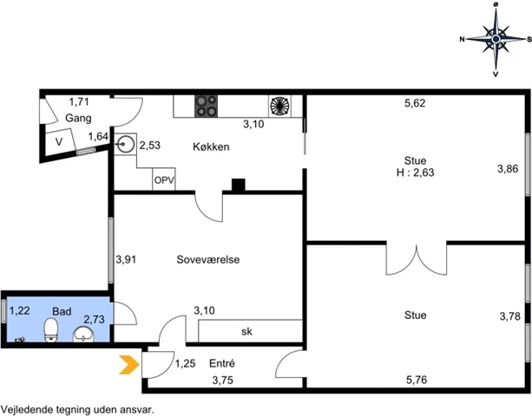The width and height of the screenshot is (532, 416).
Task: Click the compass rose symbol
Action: tap(496, 40)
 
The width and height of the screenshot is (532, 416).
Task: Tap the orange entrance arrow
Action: tap(129, 365)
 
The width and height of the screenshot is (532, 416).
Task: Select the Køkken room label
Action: tap(211, 146)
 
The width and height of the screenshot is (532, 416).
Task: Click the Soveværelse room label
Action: tap(208, 259)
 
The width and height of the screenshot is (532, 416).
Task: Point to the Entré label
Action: tap(222, 363)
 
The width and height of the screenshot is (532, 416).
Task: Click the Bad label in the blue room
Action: tap(62, 311)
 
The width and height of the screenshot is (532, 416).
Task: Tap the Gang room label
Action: tap(78, 118)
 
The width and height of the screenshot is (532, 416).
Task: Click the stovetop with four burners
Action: tap(206, 107)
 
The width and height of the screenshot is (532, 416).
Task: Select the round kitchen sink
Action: tap(123, 145)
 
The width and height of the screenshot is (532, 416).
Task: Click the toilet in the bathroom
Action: tap(51, 329)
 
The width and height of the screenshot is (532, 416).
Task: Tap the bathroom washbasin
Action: tap(83, 335)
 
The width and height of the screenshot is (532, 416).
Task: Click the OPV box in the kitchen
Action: tap(164, 179)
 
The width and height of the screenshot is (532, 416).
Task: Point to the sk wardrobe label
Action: tap(246, 332)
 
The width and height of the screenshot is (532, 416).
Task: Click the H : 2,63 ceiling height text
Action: tap(416, 172)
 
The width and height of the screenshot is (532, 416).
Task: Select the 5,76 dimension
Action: tap(417, 380)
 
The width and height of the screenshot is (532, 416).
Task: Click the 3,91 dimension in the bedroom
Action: tap(126, 259)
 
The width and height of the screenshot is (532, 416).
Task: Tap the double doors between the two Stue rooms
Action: tap(417, 259)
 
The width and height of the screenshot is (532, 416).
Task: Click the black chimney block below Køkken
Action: tap(238, 185)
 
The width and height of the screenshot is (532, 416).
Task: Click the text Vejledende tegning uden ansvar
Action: tap(77, 410)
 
